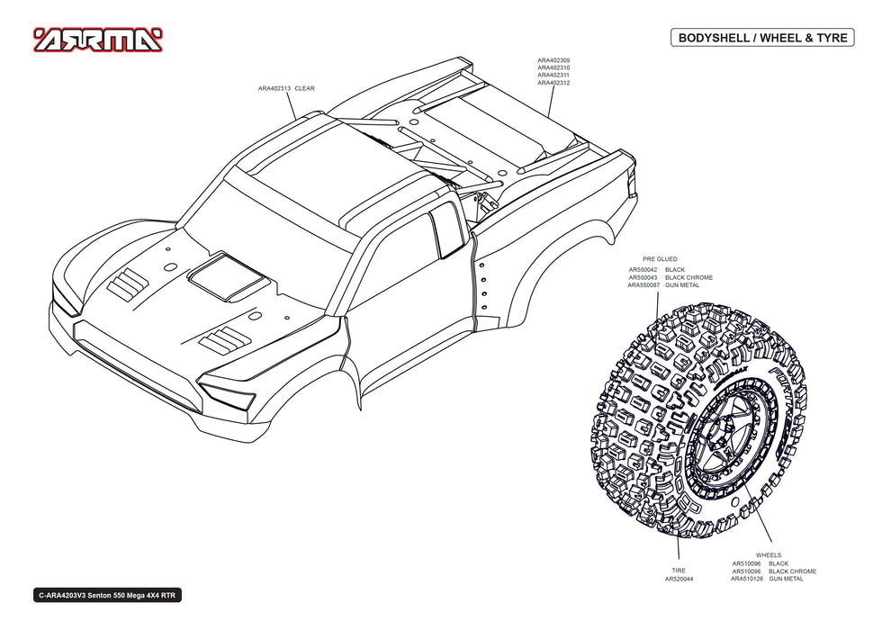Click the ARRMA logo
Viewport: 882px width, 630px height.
coord(98,40)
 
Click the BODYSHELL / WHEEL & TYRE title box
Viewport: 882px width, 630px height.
coord(763,38)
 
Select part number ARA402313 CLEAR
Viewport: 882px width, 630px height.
coord(286,88)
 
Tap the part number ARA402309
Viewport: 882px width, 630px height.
coord(553,60)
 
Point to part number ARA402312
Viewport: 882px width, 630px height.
coord(553,83)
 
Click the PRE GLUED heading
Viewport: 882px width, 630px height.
coord(660,259)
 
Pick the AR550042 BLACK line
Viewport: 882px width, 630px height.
coord(656,270)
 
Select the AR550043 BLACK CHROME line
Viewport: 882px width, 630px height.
coord(670,277)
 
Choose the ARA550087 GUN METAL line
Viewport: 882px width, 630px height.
coord(664,285)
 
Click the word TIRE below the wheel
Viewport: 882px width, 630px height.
coord(679,571)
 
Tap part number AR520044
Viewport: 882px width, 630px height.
coord(679,579)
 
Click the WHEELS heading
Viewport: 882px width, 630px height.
coord(769,555)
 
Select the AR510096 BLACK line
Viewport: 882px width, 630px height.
coord(760,563)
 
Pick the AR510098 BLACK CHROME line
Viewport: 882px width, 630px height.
coord(774,571)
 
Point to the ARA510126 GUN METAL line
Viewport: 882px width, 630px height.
coord(767,579)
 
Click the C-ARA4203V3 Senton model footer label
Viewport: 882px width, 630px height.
coord(107,596)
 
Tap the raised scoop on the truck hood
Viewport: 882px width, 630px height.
coord(227,275)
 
